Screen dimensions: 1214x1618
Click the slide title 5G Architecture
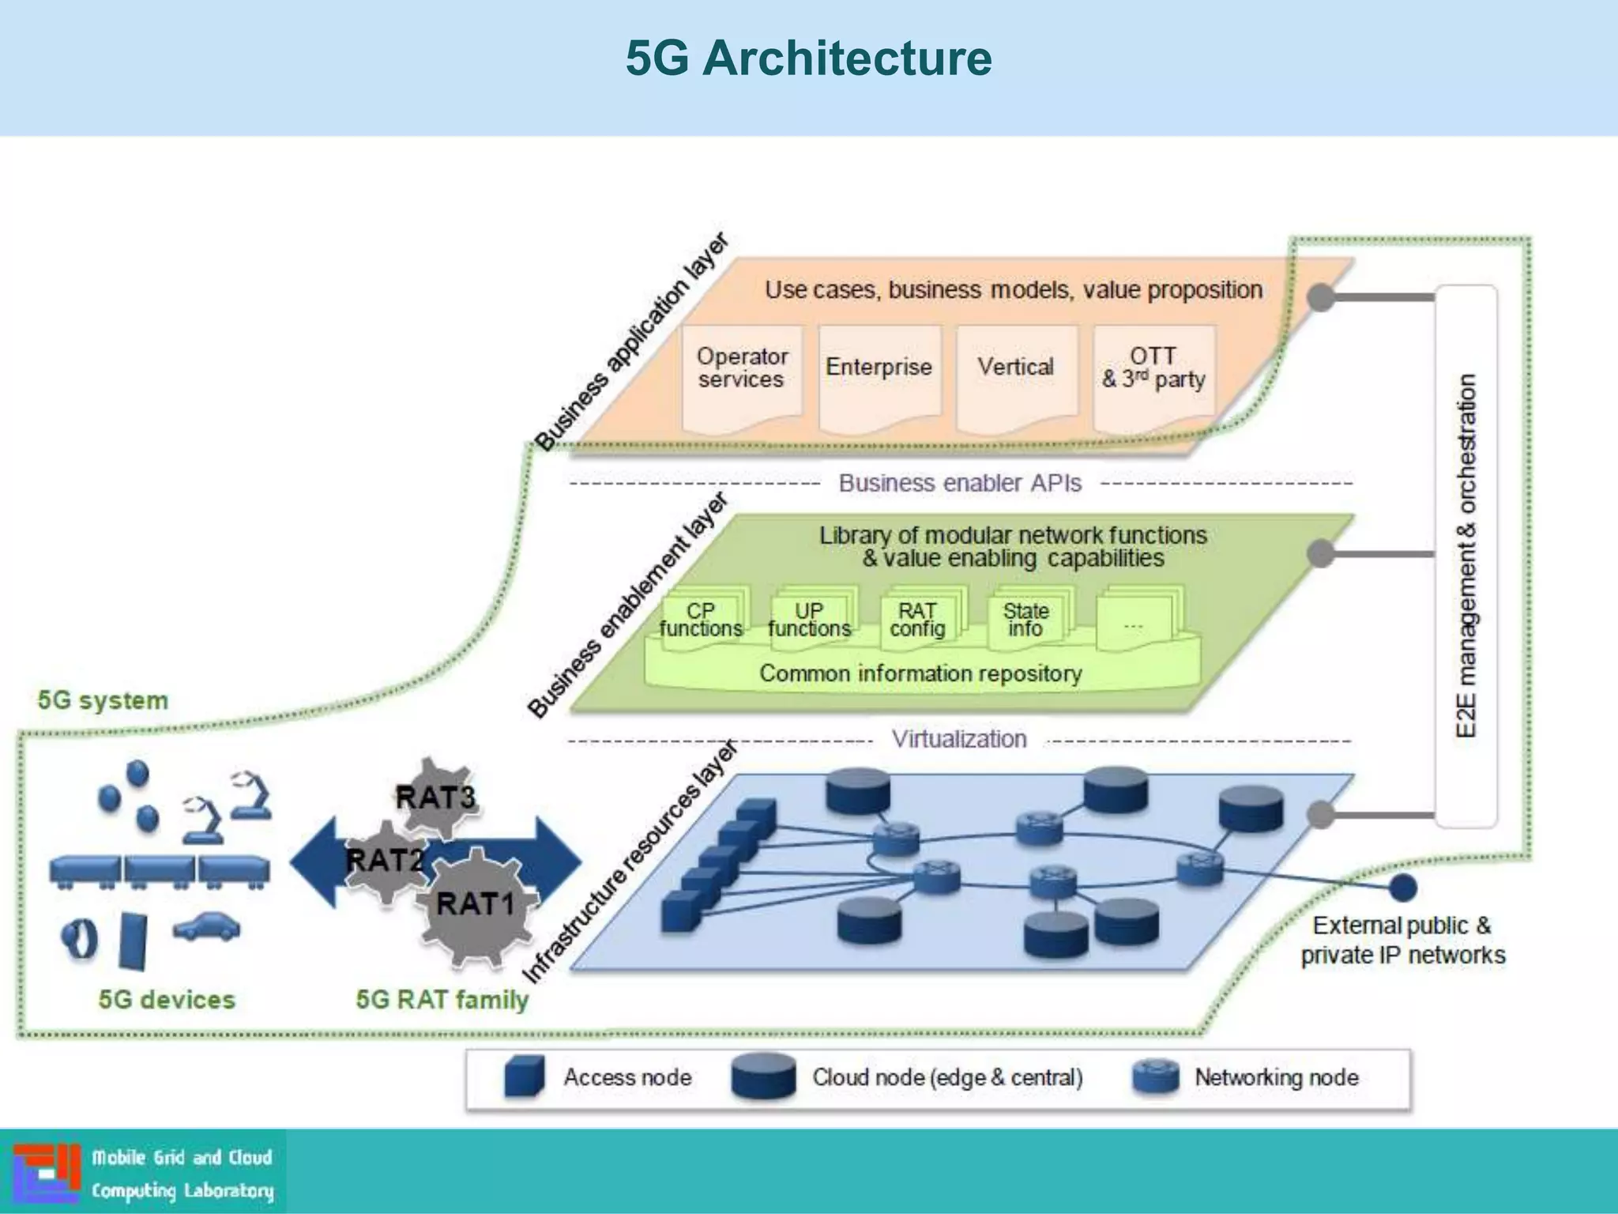tap(808, 58)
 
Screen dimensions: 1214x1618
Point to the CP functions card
tap(701, 620)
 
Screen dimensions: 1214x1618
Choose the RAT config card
tap(917, 620)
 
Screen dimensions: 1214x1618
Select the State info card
tap(1025, 620)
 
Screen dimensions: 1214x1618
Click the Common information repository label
tap(920, 673)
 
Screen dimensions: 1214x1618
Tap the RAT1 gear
tap(476, 904)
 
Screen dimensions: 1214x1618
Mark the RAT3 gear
tap(435, 797)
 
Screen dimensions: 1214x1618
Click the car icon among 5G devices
tap(206, 927)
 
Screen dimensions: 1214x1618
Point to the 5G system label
tap(103, 700)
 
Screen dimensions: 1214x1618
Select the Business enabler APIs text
tap(960, 483)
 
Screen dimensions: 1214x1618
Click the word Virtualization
tap(959, 739)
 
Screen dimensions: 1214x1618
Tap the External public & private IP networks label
tap(1402, 941)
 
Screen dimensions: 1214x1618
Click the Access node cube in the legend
tap(524, 1076)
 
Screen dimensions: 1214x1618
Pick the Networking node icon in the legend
tap(1155, 1076)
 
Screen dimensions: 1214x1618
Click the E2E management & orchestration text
tap(1466, 556)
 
